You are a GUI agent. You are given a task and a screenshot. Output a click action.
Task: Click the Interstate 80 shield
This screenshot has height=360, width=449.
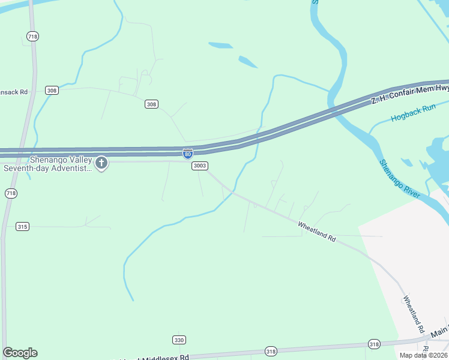pyautogui.click(x=188, y=154)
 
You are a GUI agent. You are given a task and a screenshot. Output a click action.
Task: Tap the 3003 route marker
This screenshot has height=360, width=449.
pyautogui.click(x=200, y=166)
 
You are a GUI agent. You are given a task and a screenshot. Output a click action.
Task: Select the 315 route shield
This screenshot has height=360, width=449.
pyautogui.click(x=23, y=226)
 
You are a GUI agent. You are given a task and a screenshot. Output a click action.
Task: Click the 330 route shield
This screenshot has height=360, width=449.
pyautogui.click(x=179, y=340)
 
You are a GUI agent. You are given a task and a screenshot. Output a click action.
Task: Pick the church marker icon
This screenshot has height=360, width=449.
pyautogui.click(x=101, y=162)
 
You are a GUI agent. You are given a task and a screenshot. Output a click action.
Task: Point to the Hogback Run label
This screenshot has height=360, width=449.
pyautogui.click(x=412, y=113)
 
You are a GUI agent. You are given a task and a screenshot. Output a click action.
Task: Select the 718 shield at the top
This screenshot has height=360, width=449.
pyautogui.click(x=32, y=37)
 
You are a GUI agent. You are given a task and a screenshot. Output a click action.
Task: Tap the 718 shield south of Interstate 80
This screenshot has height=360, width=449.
pyautogui.click(x=11, y=193)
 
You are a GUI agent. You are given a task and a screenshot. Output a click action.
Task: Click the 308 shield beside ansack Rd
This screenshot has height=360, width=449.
pyautogui.click(x=52, y=91)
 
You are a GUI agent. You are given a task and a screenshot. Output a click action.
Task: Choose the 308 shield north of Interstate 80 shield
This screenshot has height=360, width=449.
pyautogui.click(x=152, y=104)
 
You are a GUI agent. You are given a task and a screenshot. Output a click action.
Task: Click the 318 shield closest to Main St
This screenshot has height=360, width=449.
pyautogui.click(x=374, y=344)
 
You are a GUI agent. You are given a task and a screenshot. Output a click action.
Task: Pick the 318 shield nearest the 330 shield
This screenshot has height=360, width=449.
pyautogui.click(x=271, y=350)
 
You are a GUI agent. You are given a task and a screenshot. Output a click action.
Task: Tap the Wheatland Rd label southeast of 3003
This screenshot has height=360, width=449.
pyautogui.click(x=316, y=230)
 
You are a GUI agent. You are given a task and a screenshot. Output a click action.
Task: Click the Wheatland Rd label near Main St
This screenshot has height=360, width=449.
pyautogui.click(x=414, y=314)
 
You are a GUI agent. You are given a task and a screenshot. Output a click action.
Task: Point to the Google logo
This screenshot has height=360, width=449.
pyautogui.click(x=20, y=352)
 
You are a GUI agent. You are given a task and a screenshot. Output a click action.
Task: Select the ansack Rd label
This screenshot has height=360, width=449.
pyautogui.click(x=14, y=92)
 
